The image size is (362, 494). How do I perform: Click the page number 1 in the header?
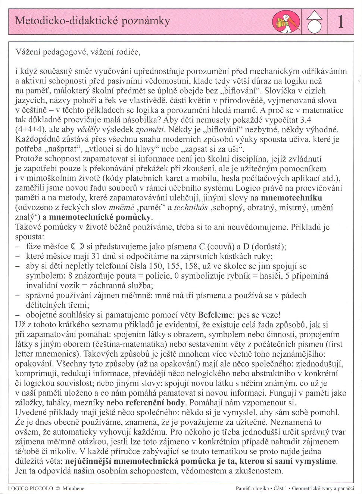(x=340, y=22)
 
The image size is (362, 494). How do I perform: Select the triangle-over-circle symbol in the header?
(x=315, y=22)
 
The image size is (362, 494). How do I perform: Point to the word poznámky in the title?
(x=145, y=21)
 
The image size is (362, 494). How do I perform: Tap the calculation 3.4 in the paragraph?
(x=306, y=120)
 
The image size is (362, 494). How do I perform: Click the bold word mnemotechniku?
(x=291, y=197)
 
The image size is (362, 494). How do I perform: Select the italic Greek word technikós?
(x=190, y=208)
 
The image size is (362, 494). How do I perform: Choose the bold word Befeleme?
(x=215, y=314)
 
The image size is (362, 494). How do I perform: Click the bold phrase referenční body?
(x=155, y=403)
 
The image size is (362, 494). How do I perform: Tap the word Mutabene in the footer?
(x=74, y=488)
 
